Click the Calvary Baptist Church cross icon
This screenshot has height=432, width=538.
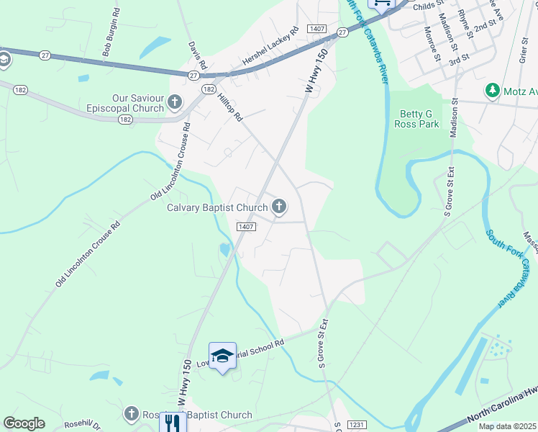pyautogui.click(x=279, y=207)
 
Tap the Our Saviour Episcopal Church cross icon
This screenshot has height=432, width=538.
pyautogui.click(x=175, y=104)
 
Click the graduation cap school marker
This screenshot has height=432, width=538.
pyautogui.click(x=223, y=356)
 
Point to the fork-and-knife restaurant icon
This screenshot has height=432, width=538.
pyautogui.click(x=173, y=422)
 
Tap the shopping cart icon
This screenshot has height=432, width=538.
pyautogui.click(x=381, y=3)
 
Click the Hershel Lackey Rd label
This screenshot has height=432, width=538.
pyautogui.click(x=270, y=48)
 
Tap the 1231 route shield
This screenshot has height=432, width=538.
pyautogui.click(x=357, y=426)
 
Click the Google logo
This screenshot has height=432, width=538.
pyautogui.click(x=24, y=423)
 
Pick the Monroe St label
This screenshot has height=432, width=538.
pyautogui.click(x=432, y=42)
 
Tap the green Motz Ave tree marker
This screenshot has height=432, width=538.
pyautogui.click(x=493, y=91)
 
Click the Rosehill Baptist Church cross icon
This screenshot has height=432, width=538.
pyautogui.click(x=131, y=414)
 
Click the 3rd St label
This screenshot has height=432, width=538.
pyautogui.click(x=459, y=61)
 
